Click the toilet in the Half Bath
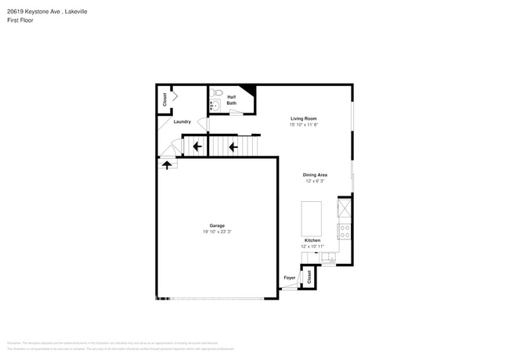218,92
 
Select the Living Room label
303,118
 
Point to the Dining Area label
315,175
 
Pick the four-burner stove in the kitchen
345,231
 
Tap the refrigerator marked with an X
345,208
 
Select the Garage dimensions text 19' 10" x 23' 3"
217,232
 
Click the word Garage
217,225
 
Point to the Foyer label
289,278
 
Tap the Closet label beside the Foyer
309,276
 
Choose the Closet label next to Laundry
164,99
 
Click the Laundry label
182,121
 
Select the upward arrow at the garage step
167,164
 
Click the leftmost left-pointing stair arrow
196,146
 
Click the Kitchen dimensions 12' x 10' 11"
312,246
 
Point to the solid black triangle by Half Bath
248,90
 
